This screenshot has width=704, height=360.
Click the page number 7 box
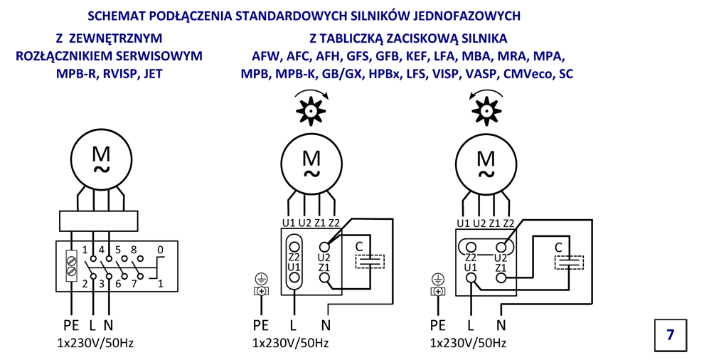(671, 334)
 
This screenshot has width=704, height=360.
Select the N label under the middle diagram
(326, 325)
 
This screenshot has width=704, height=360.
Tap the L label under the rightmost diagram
(470, 325)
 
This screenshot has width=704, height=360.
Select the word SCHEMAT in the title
(116, 15)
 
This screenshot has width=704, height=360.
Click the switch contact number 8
(134, 250)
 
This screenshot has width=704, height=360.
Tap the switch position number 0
(160, 250)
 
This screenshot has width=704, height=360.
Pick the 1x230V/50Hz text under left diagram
(95, 343)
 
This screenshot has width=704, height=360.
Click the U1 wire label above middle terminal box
(288, 223)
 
